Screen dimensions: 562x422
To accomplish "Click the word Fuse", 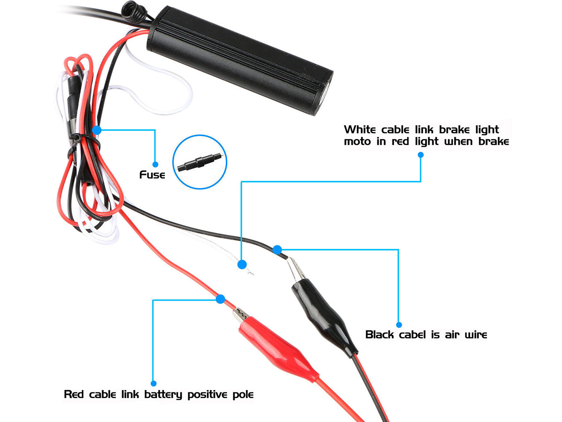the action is [152, 175].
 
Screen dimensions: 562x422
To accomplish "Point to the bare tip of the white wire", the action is [250, 271].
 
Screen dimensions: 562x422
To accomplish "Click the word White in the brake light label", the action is [360, 130].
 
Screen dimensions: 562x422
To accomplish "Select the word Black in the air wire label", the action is [379, 335].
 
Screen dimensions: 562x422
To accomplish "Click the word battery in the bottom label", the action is [163, 395].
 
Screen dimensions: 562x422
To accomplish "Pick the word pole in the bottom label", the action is [243, 395].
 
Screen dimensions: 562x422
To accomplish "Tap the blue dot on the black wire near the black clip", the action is [277, 249].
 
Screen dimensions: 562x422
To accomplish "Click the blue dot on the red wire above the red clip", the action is [220, 299].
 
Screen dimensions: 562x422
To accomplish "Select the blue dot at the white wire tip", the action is [242, 264].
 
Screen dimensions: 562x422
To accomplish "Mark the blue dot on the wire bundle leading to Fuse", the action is [97, 130].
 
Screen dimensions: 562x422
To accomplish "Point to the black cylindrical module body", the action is [240, 60].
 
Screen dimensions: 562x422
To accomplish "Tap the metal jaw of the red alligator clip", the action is [241, 315].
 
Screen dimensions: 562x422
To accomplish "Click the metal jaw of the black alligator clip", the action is [295, 270].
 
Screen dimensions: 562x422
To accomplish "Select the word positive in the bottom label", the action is [207, 395].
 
